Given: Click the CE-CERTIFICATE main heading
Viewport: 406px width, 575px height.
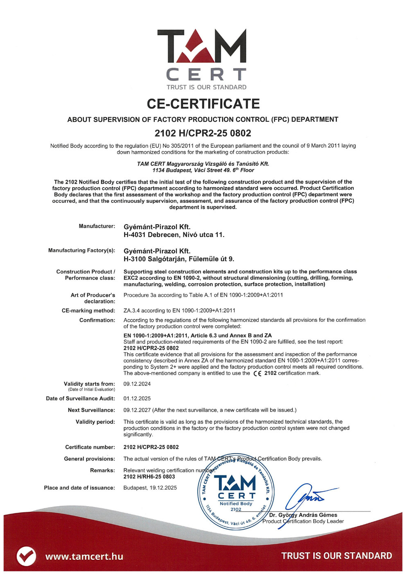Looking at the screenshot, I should (x=203, y=104).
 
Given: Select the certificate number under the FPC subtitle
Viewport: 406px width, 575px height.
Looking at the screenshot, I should (x=203, y=133).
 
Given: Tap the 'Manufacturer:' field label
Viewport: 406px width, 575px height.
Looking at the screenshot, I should (x=97, y=226).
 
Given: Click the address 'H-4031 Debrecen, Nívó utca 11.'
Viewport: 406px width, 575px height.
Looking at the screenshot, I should (x=174, y=235).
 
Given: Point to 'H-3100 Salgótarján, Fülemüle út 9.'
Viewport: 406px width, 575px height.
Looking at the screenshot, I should (x=179, y=259).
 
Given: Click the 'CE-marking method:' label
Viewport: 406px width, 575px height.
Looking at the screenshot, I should (x=88, y=311).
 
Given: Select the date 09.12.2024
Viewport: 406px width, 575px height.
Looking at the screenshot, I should (x=137, y=384).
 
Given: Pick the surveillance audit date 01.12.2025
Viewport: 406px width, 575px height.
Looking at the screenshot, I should (x=137, y=398).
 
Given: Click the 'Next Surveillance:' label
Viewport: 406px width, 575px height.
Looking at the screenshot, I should (x=91, y=410).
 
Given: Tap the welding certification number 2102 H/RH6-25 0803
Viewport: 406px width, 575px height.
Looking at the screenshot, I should (x=149, y=477).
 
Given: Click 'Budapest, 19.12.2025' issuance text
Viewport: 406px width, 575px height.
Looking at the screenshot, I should (x=150, y=488).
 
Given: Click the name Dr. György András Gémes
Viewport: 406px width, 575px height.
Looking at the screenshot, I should (x=303, y=515).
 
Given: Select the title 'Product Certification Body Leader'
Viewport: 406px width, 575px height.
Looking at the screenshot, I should (x=303, y=521).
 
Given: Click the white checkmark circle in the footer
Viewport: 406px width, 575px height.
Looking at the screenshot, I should (x=26, y=556).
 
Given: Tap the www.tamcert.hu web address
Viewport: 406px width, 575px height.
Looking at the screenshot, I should (x=84, y=556).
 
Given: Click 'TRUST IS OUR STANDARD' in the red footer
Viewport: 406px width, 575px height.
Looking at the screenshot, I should (x=336, y=556).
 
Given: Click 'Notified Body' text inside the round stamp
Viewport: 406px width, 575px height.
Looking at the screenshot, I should (x=236, y=504).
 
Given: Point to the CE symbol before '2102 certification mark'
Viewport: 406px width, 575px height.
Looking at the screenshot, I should (x=257, y=373).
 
